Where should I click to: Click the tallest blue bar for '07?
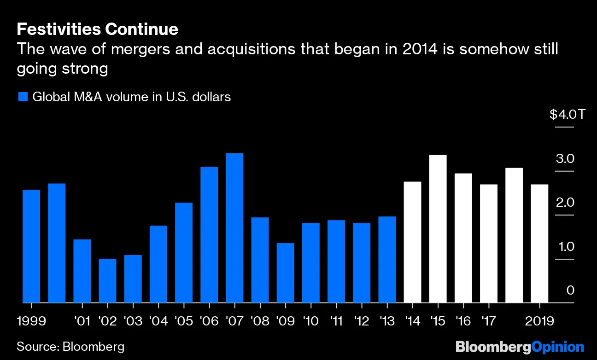[234, 228]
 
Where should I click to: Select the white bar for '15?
[438, 229]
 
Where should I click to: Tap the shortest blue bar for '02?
[107, 281]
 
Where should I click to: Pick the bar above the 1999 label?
[31, 246]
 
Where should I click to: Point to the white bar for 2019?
[539, 244]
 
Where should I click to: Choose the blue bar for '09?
[285, 273]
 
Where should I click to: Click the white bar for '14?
[412, 242]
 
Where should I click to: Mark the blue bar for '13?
[387, 260]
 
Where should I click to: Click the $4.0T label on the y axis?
[567, 114]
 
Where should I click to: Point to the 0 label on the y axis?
[570, 290]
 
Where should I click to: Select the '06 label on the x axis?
[210, 321]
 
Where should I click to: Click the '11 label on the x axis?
[336, 321]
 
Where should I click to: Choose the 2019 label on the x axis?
[539, 321]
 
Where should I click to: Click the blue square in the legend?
[23, 97]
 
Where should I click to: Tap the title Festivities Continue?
[97, 29]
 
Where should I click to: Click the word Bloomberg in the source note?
[94, 346]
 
